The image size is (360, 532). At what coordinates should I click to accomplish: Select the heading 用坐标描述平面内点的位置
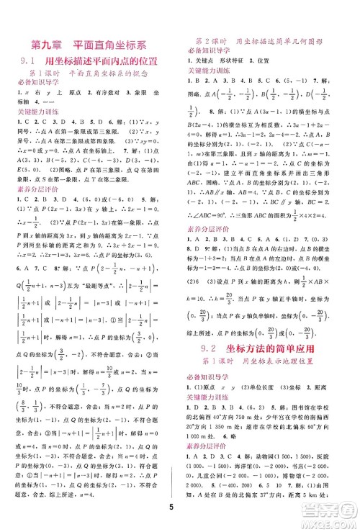click(x=106, y=62)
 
